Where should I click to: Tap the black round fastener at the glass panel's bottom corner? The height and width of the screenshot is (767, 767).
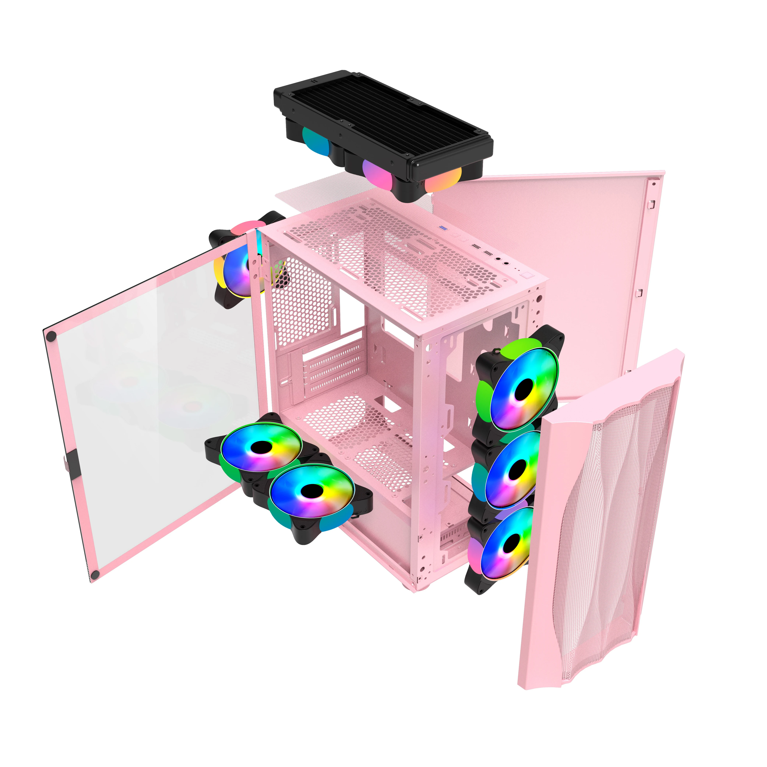pos(94,574)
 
